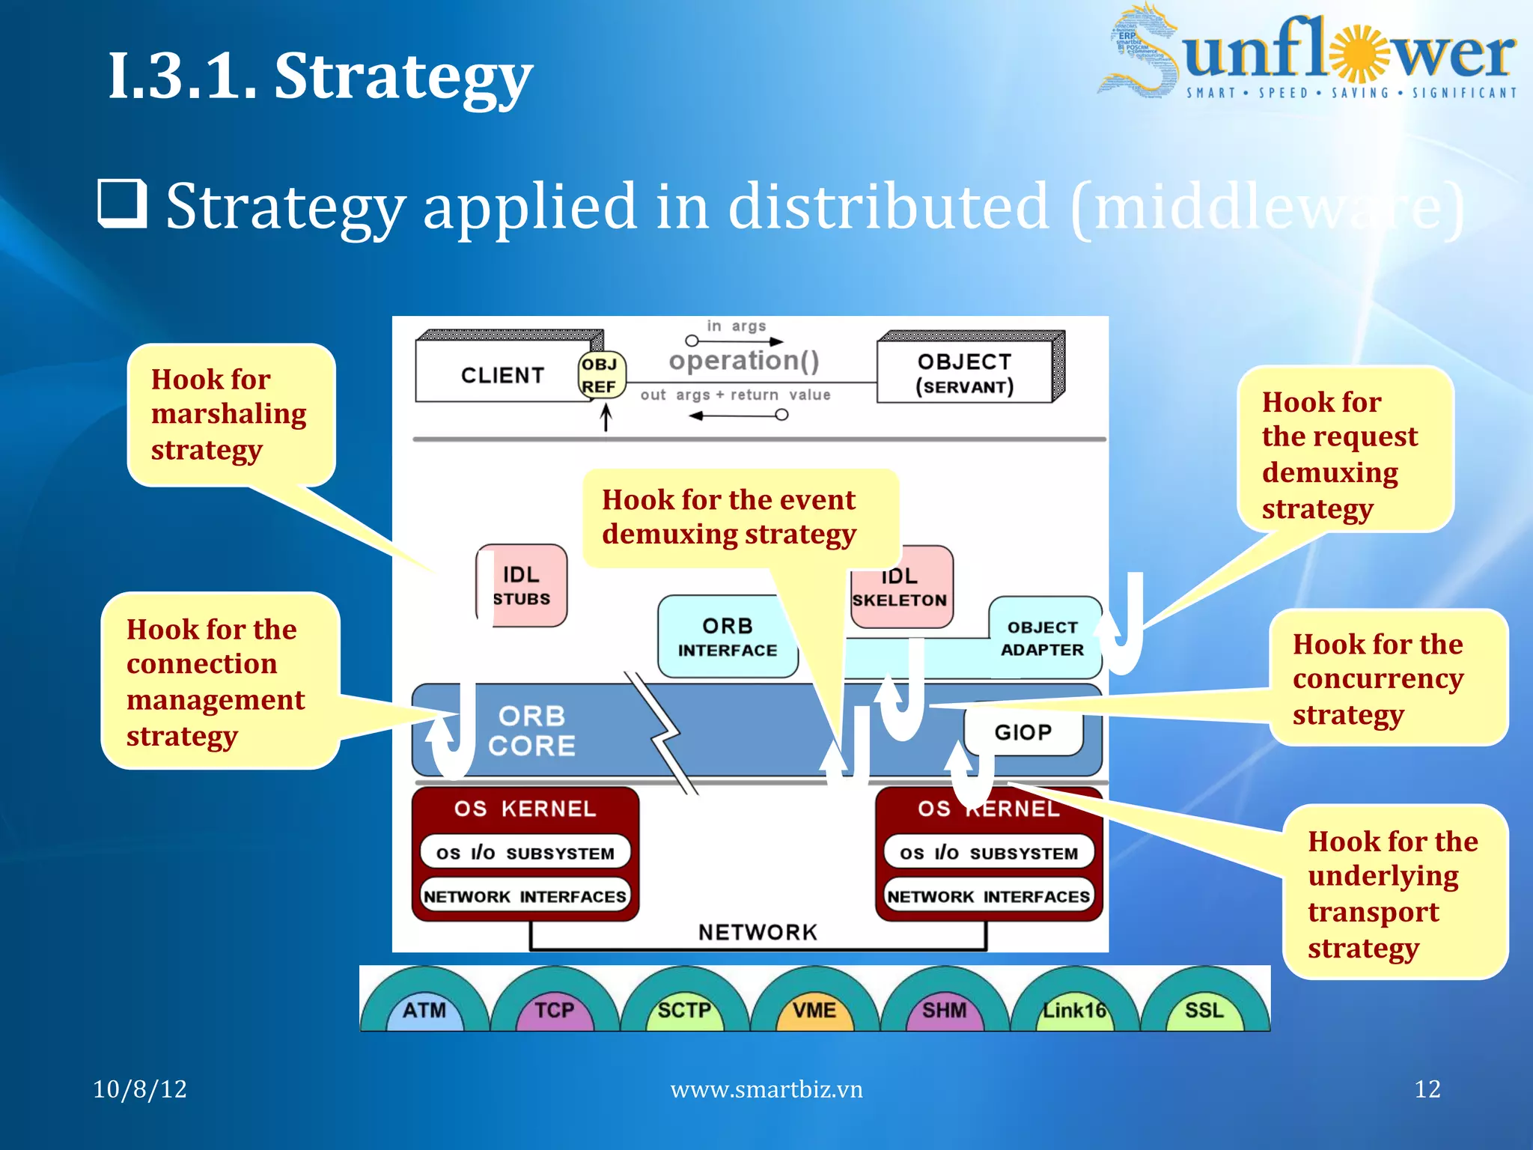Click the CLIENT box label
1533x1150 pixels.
click(x=502, y=375)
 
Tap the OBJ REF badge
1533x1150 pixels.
click(x=600, y=375)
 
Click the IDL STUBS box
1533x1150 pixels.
click(x=522, y=585)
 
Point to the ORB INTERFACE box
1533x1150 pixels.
click(x=727, y=637)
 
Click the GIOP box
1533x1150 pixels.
click(x=1023, y=731)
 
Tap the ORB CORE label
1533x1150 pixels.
click(x=532, y=731)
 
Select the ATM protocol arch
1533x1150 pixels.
click(x=424, y=1010)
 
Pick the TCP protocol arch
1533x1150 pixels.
click(x=555, y=1010)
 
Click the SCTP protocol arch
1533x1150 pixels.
click(x=684, y=1010)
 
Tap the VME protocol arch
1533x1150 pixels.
click(x=814, y=1010)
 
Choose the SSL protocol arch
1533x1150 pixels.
click(x=1204, y=1010)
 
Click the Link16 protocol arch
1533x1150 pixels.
click(x=1074, y=1010)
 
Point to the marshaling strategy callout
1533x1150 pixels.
click(x=229, y=414)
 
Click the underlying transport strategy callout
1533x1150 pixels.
click(x=1393, y=893)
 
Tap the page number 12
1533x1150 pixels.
click(x=1427, y=1089)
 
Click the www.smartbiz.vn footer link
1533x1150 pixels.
click(x=766, y=1089)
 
